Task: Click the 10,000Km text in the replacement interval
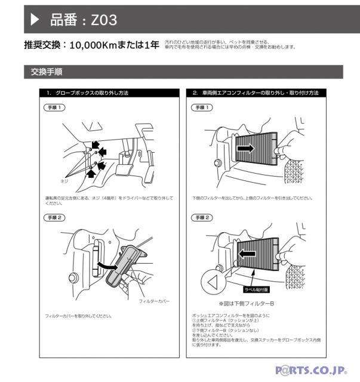97,45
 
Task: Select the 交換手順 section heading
47,72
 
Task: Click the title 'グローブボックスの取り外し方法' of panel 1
87,94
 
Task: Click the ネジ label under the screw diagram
65,180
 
